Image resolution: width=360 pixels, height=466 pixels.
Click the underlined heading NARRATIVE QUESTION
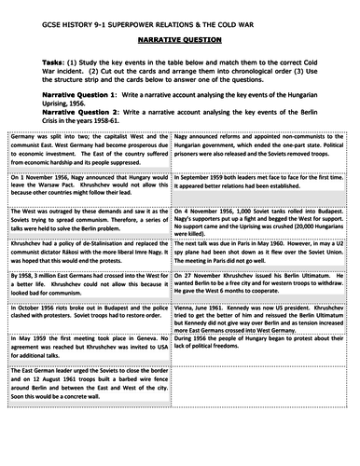(180, 42)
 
